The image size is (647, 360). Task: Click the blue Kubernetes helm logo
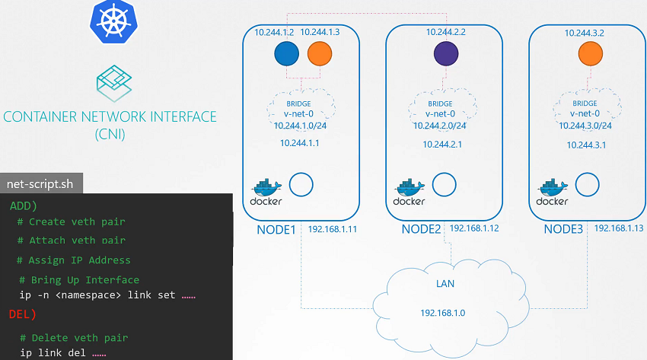[112, 21]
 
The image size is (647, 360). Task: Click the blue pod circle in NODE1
[287, 53]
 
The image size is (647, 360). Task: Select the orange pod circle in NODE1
[320, 53]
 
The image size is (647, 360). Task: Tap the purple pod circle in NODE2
[446, 53]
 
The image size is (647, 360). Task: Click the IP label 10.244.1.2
[276, 32]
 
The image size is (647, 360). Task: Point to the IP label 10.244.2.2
[445, 32]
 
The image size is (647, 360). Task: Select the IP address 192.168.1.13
[619, 228]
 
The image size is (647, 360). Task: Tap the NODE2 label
[421, 228]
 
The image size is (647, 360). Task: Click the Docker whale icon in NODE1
[266, 191]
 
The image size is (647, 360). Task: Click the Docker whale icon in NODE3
[553, 191]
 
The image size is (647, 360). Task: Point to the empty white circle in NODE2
[445, 184]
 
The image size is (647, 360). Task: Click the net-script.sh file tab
[40, 183]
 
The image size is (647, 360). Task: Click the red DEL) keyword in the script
[24, 314]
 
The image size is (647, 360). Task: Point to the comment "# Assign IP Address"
[74, 260]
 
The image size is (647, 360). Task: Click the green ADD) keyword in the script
[25, 205]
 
